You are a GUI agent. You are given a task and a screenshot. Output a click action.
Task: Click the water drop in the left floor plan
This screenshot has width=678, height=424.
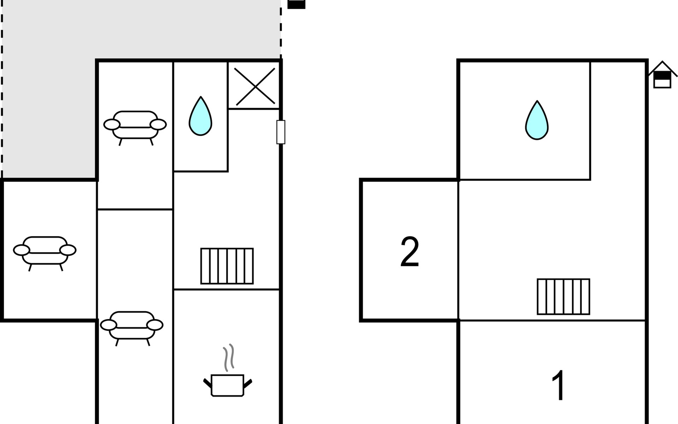tap(200, 117)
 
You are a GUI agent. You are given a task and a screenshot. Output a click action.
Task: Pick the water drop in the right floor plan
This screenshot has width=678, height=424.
tap(537, 121)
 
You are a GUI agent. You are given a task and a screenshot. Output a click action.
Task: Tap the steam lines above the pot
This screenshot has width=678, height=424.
tap(229, 358)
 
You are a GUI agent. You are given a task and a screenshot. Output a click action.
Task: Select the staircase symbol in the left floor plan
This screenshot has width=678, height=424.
tap(227, 266)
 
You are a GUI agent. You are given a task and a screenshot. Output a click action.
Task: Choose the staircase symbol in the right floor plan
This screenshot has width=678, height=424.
tap(564, 297)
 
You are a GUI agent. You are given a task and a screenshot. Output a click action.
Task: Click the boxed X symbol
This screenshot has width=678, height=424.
tap(254, 86)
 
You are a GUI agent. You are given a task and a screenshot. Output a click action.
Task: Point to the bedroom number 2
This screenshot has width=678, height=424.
tap(410, 252)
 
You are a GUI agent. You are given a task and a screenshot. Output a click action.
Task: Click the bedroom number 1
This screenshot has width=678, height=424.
tap(559, 385)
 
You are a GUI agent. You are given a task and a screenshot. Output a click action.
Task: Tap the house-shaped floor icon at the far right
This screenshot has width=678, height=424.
tap(662, 76)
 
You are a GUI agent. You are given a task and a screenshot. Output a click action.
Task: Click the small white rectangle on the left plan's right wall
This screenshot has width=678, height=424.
tap(281, 132)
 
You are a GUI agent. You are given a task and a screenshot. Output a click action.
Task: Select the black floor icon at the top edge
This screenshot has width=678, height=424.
tap(296, 4)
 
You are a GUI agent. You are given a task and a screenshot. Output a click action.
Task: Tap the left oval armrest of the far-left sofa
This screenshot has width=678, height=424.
tap(22, 250)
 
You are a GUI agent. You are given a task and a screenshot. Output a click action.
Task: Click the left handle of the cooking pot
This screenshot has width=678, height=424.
tap(207, 383)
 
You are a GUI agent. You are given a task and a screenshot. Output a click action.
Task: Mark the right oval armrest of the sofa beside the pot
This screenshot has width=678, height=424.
tap(155, 325)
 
